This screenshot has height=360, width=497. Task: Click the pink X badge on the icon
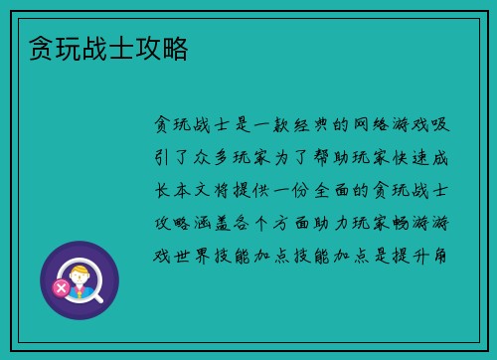click(61, 288)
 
